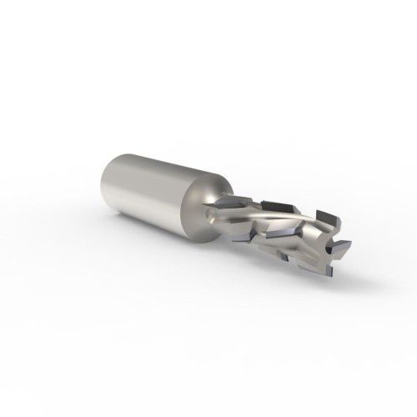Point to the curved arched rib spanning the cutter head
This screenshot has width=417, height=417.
tap(275, 219)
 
